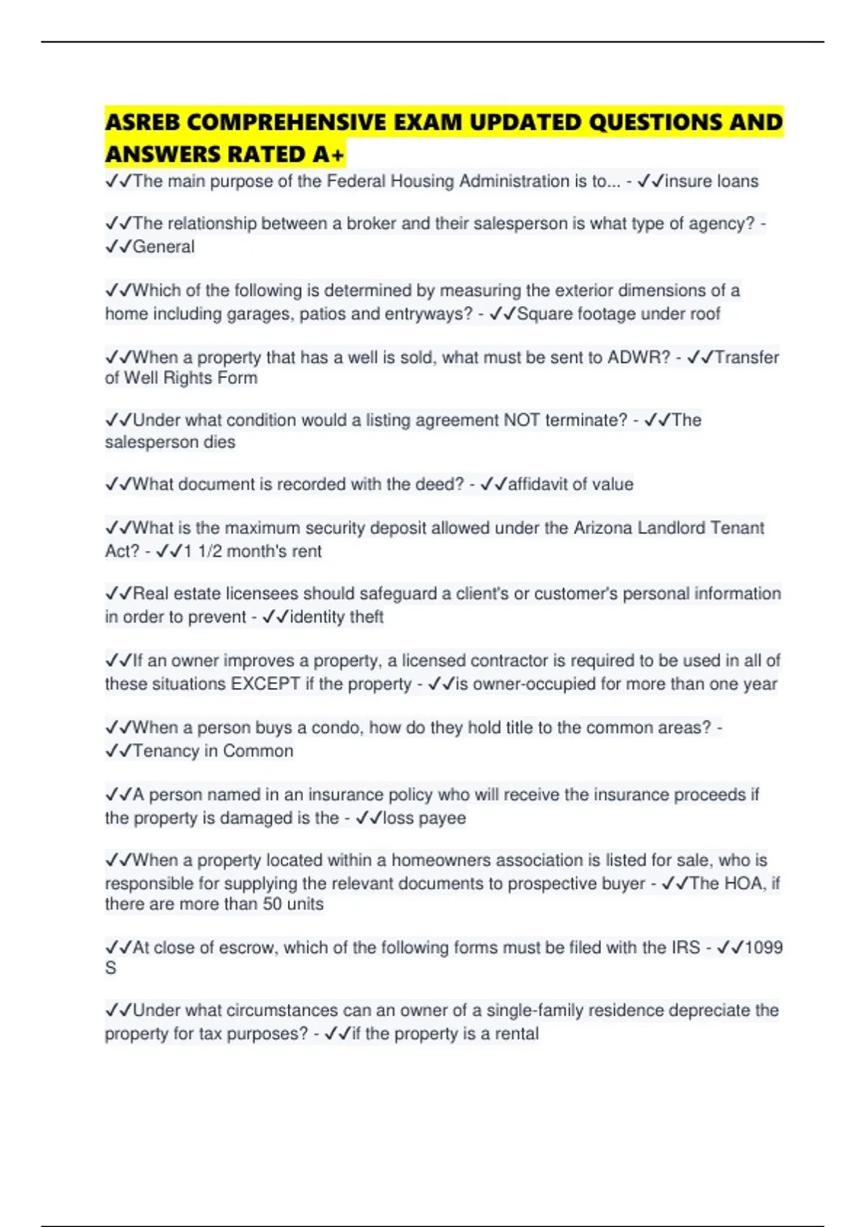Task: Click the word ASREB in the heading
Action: (x=142, y=122)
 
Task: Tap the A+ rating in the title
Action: (x=329, y=154)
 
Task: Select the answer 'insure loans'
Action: (x=711, y=181)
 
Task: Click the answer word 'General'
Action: (x=164, y=247)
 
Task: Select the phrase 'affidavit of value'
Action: (x=570, y=484)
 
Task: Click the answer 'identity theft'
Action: (x=336, y=617)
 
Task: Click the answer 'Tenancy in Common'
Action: (x=213, y=751)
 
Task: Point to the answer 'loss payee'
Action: (x=424, y=818)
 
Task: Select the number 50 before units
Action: (x=272, y=904)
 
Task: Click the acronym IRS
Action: (x=686, y=948)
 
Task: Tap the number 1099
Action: (x=763, y=948)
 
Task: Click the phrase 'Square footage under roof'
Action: (x=618, y=314)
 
